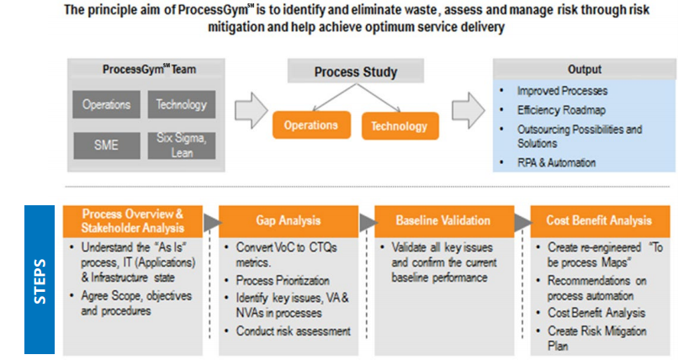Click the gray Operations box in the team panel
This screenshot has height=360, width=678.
(x=106, y=105)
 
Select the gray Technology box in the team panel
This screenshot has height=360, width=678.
(x=181, y=105)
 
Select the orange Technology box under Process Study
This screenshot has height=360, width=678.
(x=399, y=126)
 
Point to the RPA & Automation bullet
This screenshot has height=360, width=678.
(x=556, y=162)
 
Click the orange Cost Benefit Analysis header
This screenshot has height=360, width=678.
(x=599, y=220)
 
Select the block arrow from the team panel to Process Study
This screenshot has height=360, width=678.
(x=250, y=110)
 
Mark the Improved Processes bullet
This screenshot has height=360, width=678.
(x=562, y=90)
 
